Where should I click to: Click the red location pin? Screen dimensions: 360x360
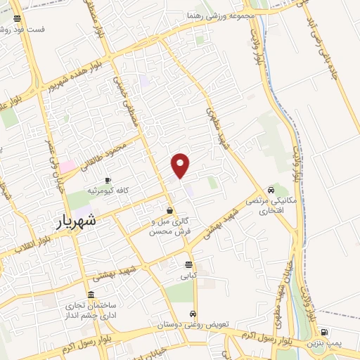(x=181, y=165)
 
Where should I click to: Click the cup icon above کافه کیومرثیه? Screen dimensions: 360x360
(x=108, y=180)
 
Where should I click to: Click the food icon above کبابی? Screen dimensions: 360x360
(x=188, y=264)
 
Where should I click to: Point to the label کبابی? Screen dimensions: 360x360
(x=188, y=276)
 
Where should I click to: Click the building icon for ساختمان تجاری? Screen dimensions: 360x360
(x=90, y=295)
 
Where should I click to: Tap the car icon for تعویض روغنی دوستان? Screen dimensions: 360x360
(x=193, y=314)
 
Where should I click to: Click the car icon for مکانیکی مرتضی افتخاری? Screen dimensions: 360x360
(x=271, y=190)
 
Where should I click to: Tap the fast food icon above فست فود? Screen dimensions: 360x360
(x=17, y=18)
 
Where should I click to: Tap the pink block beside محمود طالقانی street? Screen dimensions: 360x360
(x=67, y=167)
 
